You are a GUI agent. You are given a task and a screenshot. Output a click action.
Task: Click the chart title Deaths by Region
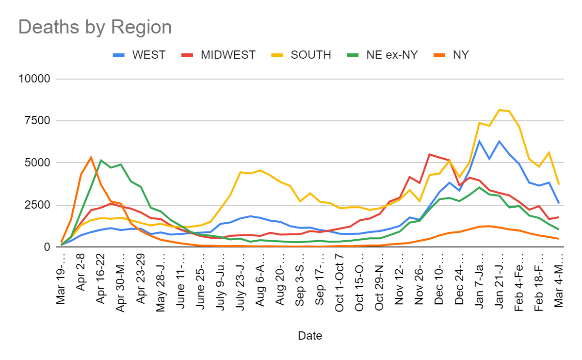click(x=95, y=27)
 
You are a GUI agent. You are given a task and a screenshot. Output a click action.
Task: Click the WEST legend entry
click(x=139, y=55)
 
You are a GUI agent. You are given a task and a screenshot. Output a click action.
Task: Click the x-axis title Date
click(x=310, y=336)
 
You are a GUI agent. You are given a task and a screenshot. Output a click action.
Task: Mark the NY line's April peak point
click(x=91, y=157)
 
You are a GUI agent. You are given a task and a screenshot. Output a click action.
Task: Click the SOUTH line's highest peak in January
click(x=499, y=110)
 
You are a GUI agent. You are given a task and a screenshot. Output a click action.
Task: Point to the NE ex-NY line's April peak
click(x=101, y=160)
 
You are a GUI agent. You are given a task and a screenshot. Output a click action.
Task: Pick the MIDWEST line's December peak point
click(x=429, y=154)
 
